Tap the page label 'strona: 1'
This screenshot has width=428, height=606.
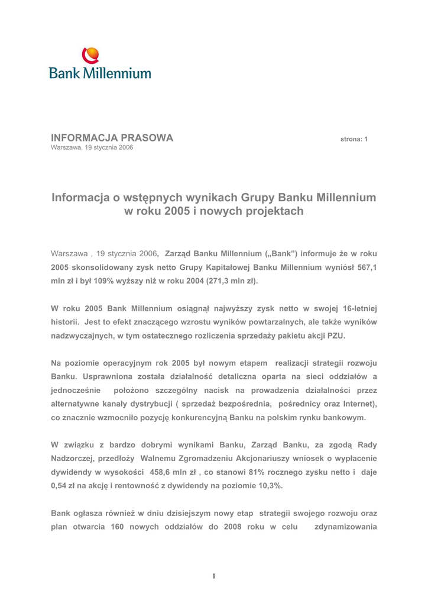pyautogui.click(x=354, y=139)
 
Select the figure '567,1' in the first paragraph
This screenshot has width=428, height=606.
pyautogui.click(x=367, y=267)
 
